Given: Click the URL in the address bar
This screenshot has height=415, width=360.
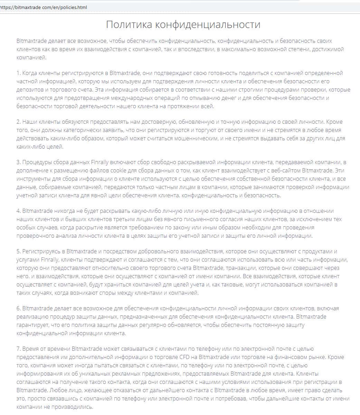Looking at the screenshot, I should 44,7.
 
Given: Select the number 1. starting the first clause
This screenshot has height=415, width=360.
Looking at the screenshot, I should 19,73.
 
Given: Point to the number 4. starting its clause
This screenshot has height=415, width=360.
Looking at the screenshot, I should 19,211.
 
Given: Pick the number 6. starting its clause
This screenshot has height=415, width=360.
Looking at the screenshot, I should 19,308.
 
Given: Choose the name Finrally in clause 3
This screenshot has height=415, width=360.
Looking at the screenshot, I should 101,162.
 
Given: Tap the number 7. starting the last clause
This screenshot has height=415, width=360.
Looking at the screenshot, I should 19,349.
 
